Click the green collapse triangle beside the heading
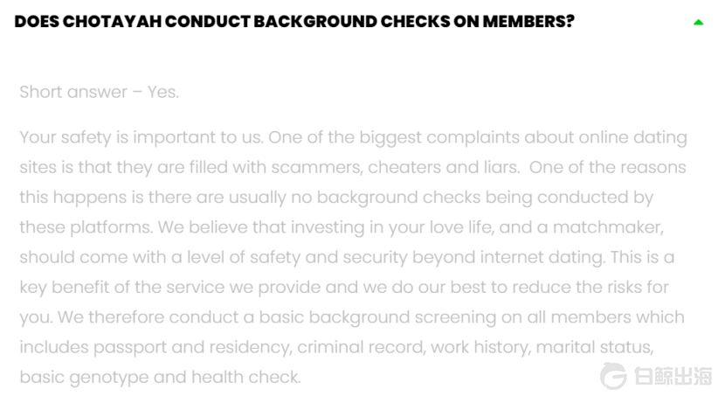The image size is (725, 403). pos(698,22)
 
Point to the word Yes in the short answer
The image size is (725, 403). pos(162,92)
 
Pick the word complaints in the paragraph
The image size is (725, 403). pos(472,137)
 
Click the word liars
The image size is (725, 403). pos(499,167)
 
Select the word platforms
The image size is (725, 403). pos(110,227)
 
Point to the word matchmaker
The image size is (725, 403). pos(608,227)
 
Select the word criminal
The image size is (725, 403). pos(329,347)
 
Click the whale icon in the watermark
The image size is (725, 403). pos(613,376)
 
